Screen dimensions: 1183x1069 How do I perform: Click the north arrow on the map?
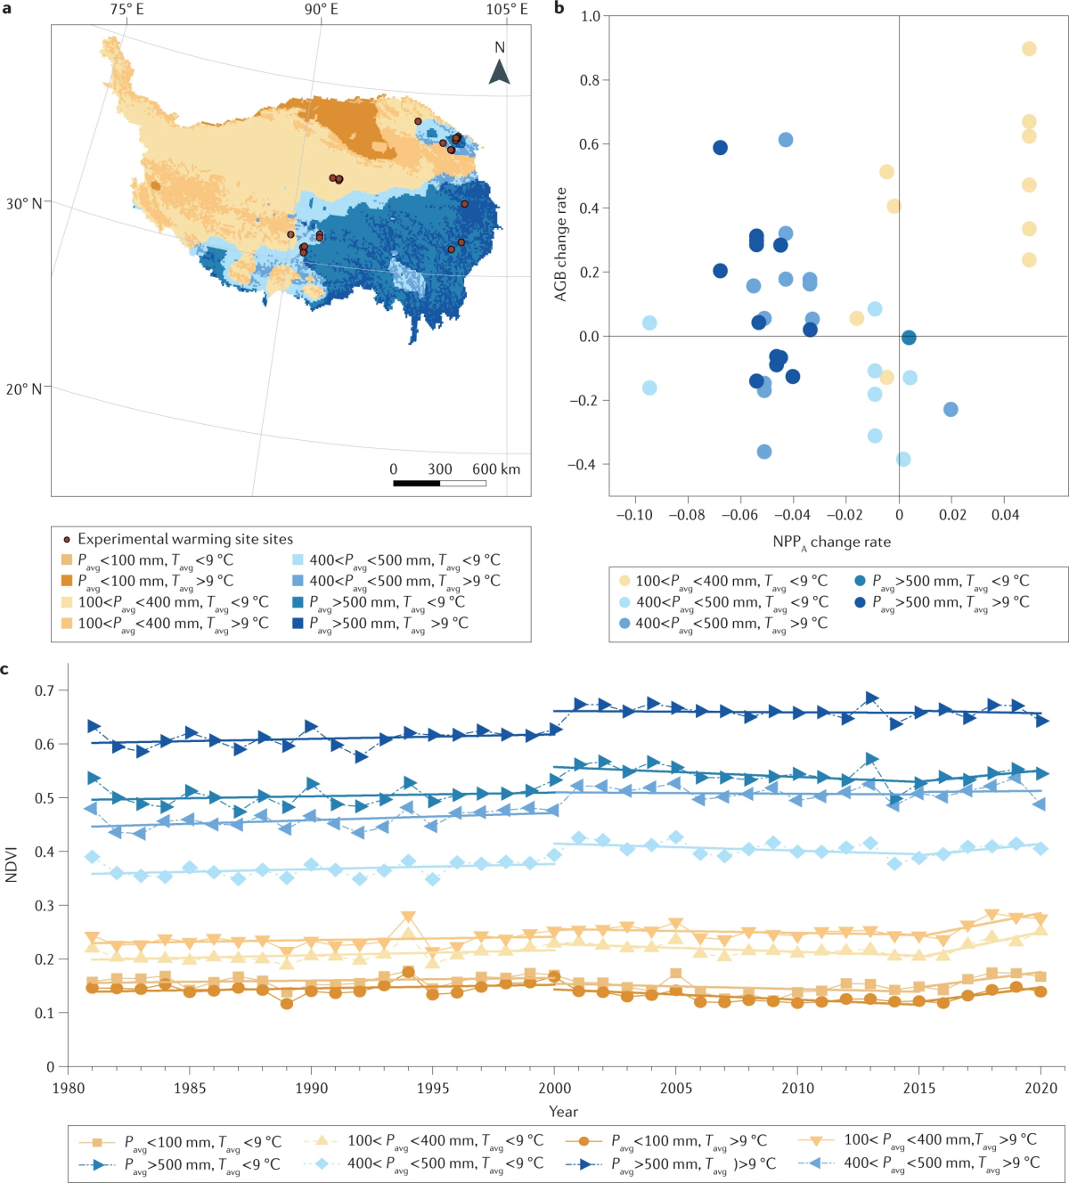(x=500, y=71)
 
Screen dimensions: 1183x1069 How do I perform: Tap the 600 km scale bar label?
(x=496, y=469)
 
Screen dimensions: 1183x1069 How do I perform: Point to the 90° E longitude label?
(x=321, y=9)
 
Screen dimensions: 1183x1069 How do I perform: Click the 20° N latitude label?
(x=24, y=389)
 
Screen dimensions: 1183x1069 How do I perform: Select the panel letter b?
(x=559, y=9)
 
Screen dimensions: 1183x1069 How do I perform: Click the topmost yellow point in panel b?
(x=1029, y=49)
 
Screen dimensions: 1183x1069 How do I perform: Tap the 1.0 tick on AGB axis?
(x=590, y=16)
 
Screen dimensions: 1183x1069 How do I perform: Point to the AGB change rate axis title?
(x=561, y=243)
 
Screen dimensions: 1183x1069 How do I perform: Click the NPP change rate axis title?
(x=831, y=542)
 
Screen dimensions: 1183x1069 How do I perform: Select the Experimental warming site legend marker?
(x=67, y=540)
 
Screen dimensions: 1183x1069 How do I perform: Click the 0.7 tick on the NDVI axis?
(x=44, y=690)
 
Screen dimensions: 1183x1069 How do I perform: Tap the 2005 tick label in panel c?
(x=676, y=1089)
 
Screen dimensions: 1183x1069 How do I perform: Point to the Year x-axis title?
(x=563, y=1111)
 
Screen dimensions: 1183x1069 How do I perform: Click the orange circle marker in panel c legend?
(x=583, y=1141)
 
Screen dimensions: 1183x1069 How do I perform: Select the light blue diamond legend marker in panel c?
(x=323, y=1163)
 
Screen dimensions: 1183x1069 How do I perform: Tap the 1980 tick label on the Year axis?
(x=69, y=1089)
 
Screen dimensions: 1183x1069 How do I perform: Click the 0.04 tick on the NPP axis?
(x=1005, y=515)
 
